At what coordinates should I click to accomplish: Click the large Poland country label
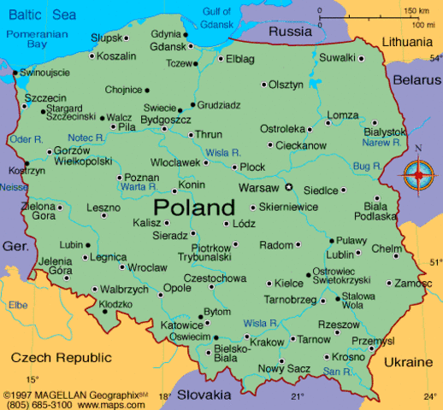(x=193, y=208)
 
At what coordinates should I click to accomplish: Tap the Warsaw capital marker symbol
(x=288, y=187)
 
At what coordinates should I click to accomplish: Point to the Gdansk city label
(x=167, y=46)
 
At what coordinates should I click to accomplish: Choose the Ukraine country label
(x=407, y=361)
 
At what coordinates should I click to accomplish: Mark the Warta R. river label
(x=139, y=185)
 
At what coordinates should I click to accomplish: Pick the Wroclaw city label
(x=148, y=267)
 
